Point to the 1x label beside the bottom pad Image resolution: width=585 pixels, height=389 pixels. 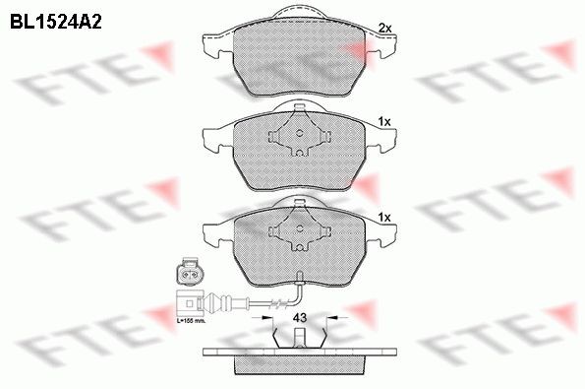[384, 216]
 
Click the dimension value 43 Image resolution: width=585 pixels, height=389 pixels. [300, 317]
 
